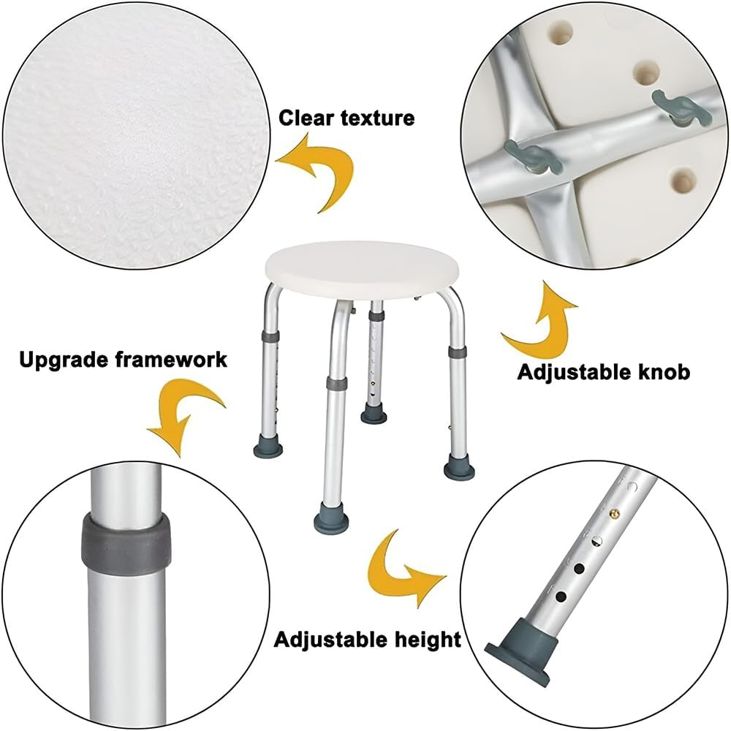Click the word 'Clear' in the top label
pos(307,118)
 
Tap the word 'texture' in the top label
pos(377,118)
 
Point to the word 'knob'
pos(663,372)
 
